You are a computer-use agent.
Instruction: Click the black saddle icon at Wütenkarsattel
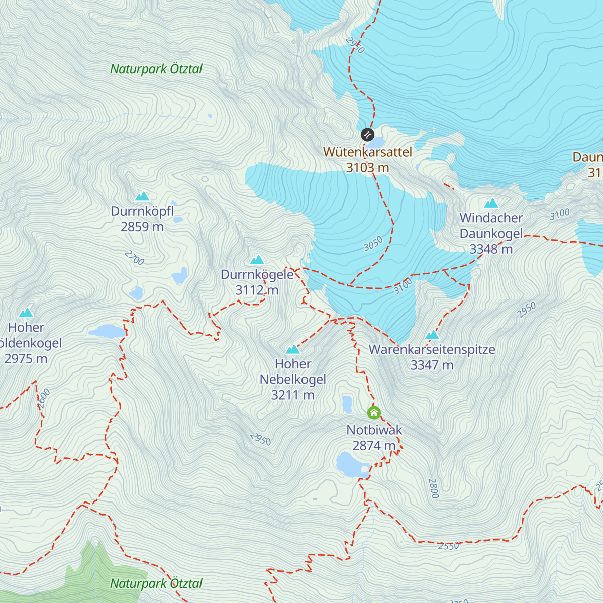368,135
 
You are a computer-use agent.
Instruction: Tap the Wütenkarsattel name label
367,152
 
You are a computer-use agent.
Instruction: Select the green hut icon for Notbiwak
374,413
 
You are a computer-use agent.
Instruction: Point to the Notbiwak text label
374,430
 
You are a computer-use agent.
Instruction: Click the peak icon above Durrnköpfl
142,196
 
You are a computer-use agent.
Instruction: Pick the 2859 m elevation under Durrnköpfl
142,227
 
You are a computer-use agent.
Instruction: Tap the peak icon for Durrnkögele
257,260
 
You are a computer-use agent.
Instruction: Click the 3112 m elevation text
257,290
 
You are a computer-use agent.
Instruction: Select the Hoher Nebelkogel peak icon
293,349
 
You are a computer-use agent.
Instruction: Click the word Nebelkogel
293,379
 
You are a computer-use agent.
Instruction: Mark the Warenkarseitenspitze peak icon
432,335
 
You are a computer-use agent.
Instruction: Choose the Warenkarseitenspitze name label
432,350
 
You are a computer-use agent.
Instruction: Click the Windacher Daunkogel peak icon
491,203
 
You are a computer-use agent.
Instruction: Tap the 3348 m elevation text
491,249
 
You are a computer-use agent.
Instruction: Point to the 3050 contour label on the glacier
373,244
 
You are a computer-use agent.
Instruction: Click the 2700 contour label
134,258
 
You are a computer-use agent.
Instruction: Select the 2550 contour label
448,546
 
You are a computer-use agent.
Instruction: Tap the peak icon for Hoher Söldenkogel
26,313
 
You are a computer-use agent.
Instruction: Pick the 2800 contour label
433,488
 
